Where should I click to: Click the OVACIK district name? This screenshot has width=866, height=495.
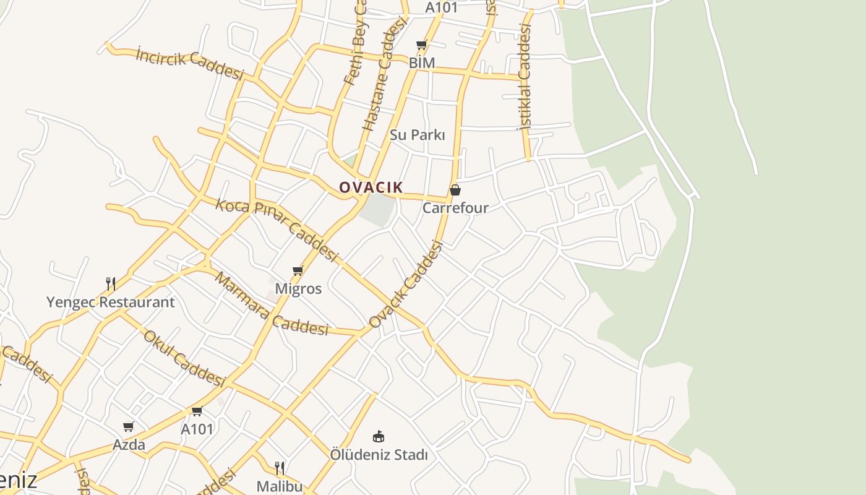371,187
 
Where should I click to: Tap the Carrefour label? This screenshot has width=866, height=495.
455,208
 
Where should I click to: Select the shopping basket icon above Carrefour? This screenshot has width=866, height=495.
455,190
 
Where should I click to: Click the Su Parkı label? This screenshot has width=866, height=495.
418,135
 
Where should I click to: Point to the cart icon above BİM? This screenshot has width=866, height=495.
422,45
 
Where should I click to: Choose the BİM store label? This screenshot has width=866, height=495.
422,62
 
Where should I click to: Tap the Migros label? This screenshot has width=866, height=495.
298,288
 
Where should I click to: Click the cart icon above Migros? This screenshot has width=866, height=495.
298,270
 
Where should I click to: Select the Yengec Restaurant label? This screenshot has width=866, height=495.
111,303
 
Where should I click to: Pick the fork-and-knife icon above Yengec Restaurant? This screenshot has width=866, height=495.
111,284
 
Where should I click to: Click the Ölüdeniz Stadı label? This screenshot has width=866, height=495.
379,455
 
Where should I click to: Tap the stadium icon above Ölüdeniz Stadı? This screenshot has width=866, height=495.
379,437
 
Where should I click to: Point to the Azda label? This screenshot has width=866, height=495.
129,444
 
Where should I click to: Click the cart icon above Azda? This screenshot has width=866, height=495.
129,426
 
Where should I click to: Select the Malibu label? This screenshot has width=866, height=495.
280,486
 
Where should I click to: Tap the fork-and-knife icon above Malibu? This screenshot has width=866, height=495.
280,468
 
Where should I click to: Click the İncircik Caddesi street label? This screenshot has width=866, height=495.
190,64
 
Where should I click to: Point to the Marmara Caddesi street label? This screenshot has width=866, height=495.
271,304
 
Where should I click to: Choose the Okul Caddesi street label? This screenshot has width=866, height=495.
183,358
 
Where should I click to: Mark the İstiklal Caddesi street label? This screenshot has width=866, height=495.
525,77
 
